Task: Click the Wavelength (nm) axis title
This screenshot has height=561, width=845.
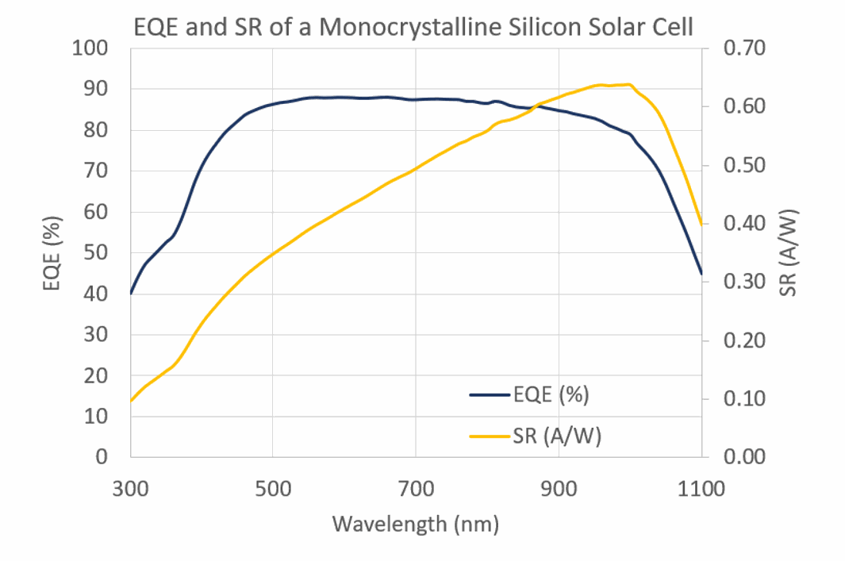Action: pyautogui.click(x=415, y=524)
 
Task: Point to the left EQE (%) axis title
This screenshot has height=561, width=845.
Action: pyautogui.click(x=53, y=252)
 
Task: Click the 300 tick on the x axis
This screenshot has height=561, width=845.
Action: pyautogui.click(x=130, y=488)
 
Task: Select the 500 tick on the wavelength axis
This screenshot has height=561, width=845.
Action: pyautogui.click(x=273, y=488)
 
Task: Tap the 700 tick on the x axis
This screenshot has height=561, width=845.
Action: pyautogui.click(x=416, y=488)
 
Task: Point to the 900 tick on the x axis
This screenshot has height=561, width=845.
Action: pyautogui.click(x=559, y=488)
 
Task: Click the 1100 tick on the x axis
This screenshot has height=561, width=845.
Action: pyautogui.click(x=702, y=488)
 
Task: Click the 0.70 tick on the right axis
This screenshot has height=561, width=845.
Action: pyautogui.click(x=744, y=48)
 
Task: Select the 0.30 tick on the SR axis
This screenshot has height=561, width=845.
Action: pyautogui.click(x=744, y=282)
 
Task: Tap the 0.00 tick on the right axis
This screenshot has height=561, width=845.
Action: pyautogui.click(x=744, y=457)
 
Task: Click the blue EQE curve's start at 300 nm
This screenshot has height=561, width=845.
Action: pyautogui.click(x=131, y=294)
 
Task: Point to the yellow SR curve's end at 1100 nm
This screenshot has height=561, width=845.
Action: pyautogui.click(x=702, y=224)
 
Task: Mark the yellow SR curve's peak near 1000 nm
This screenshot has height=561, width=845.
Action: pyautogui.click(x=629, y=84)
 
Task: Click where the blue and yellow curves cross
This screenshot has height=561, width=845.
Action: pyautogui.click(x=536, y=106)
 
